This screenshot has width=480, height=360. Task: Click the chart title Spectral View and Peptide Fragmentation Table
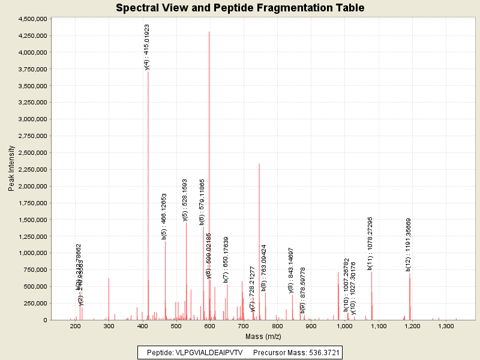[240, 8]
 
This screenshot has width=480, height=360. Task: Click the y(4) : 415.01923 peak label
[147, 47]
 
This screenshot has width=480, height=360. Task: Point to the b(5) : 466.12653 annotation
[164, 216]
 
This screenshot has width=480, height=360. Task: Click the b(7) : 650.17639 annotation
[226, 259]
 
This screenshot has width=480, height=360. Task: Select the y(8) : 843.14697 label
[291, 270]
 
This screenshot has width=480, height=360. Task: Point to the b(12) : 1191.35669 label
[409, 244]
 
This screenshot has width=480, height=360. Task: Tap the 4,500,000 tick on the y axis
[33, 19]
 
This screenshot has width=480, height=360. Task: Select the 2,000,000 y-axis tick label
[33, 187]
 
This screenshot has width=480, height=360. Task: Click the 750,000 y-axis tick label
[37, 270]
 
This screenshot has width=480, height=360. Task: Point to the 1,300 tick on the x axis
[446, 327]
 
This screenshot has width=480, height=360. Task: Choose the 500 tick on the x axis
[176, 327]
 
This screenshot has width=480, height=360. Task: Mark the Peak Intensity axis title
[11, 169]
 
